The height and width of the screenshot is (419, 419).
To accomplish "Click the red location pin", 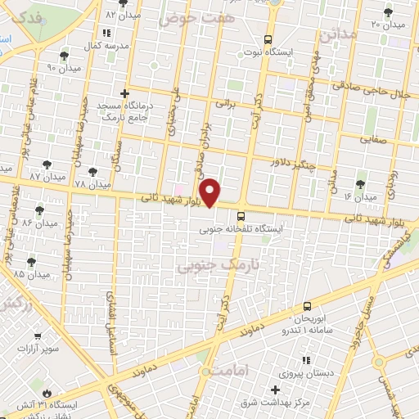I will (x=211, y=192).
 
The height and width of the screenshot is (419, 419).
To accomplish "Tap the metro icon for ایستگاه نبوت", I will (x=268, y=39).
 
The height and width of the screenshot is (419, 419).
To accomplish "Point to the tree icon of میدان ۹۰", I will (x=64, y=55).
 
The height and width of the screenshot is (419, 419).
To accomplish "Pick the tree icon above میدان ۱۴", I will (x=360, y=184).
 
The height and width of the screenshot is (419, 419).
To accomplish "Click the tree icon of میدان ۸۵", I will (x=30, y=261).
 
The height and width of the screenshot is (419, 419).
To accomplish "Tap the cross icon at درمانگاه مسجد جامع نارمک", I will (x=124, y=94).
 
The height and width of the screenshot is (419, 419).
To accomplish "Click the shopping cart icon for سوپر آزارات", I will (x=37, y=336).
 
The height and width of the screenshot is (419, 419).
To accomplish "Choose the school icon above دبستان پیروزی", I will (x=304, y=360).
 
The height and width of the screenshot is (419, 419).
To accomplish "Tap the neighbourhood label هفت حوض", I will (x=196, y=17).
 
